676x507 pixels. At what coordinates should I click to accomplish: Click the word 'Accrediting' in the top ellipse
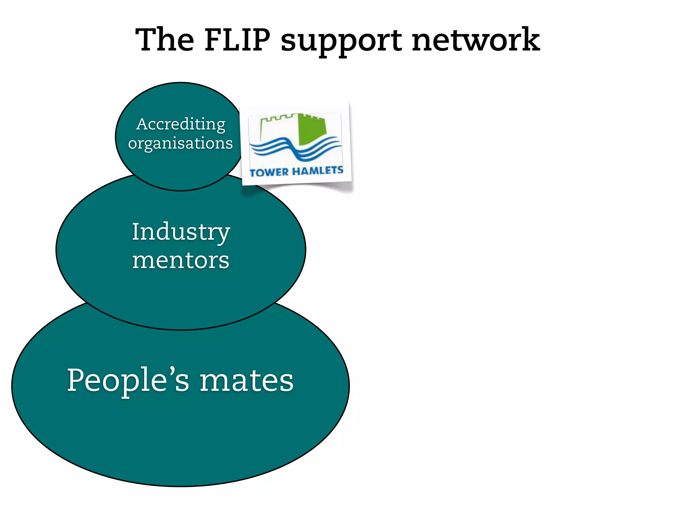(x=181, y=125)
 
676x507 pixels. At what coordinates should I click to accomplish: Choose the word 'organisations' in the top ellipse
(x=181, y=144)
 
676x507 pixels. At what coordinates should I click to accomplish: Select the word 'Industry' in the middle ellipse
(x=181, y=232)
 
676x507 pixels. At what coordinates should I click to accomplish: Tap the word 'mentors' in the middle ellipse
(x=181, y=260)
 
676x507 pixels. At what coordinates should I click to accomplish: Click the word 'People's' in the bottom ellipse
(x=128, y=380)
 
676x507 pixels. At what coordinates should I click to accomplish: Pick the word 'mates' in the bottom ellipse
(x=247, y=381)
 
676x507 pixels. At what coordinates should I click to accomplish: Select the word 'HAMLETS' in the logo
(x=318, y=171)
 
